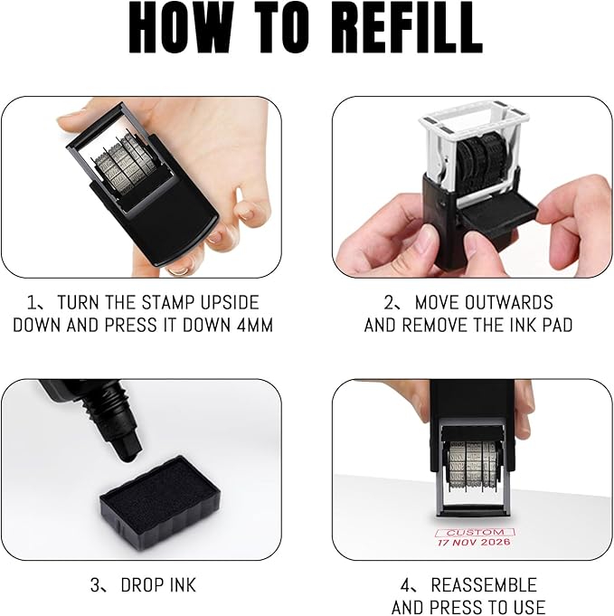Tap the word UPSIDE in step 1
[x=230, y=302]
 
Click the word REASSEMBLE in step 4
[x=484, y=585]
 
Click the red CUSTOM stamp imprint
[x=475, y=533]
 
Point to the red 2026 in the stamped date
[x=496, y=543]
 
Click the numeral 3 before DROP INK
[x=96, y=585]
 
